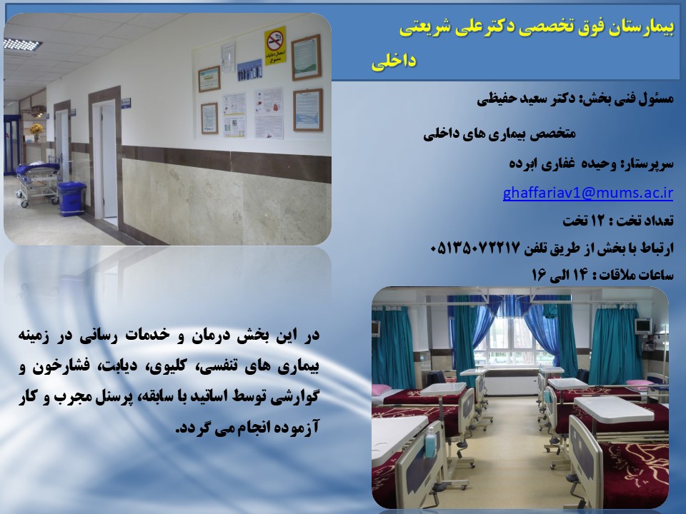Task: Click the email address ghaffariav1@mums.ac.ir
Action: pyautogui.click(x=587, y=193)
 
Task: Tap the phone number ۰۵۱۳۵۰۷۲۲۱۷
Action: pyautogui.click(x=474, y=248)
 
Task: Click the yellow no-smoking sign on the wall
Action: pyautogui.click(x=274, y=46)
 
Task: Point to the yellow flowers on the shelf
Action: pyautogui.click(x=36, y=129)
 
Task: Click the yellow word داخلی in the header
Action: pyautogui.click(x=394, y=61)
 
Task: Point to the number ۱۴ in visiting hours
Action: pyautogui.click(x=578, y=275)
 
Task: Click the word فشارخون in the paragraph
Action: pyautogui.click(x=60, y=366)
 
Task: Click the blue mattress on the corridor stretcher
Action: pyautogui.click(x=38, y=168)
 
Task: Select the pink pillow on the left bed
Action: pyautogui.click(x=381, y=388)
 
